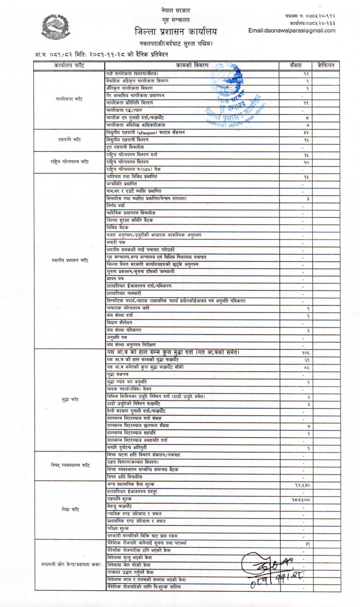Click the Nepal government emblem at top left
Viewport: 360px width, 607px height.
[56, 26]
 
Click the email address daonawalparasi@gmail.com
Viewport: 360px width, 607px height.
[291, 31]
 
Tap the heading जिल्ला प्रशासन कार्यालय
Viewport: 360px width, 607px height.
[175, 31]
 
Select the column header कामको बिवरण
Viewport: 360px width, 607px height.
[192, 66]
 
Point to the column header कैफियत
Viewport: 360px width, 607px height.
[326, 66]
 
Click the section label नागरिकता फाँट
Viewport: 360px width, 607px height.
[69, 99]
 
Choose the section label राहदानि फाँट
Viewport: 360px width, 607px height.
[69, 139]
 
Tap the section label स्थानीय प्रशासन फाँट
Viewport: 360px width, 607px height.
[70, 260]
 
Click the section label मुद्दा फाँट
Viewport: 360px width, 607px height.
[70, 399]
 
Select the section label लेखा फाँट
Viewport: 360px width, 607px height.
[70, 509]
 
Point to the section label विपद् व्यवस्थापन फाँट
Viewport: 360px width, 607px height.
[70, 465]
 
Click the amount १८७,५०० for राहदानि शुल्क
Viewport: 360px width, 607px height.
[301, 500]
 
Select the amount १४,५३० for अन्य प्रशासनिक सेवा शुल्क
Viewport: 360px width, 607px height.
[302, 485]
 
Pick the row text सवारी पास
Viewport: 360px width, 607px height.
[116, 242]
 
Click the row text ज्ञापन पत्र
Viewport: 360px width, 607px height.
[115, 279]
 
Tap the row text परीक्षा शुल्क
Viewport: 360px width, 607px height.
[118, 528]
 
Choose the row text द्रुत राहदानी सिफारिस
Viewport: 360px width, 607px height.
[125, 147]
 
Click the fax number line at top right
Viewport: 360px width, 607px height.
[310, 16]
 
